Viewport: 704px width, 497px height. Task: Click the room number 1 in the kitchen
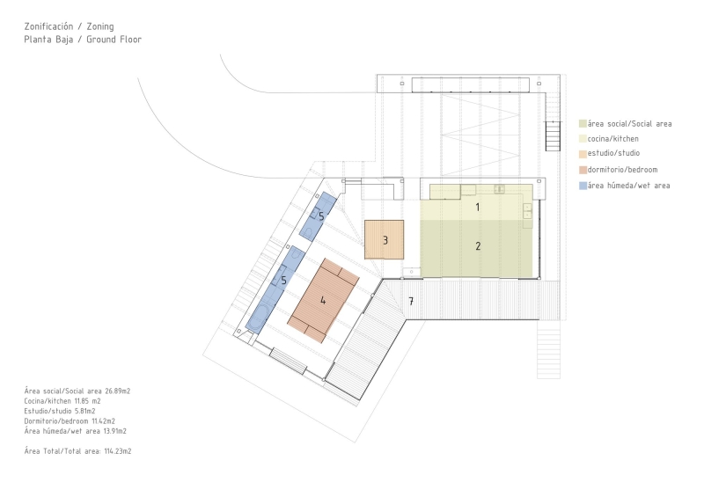(x=478, y=207)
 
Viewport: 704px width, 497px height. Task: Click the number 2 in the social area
(x=478, y=246)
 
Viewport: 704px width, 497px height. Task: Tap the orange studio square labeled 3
(x=384, y=240)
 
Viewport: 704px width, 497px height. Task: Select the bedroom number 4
(x=323, y=300)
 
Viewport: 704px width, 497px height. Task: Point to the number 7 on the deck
(x=411, y=301)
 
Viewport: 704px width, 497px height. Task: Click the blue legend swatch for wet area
(x=583, y=186)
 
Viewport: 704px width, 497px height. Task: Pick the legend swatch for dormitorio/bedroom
(x=583, y=170)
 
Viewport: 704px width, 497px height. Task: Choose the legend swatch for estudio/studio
(x=583, y=154)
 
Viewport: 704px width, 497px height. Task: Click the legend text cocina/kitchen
(x=612, y=139)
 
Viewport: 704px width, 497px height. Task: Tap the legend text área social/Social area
(x=629, y=123)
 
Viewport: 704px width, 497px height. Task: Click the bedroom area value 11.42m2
(x=103, y=421)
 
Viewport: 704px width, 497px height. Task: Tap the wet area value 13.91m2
(x=114, y=431)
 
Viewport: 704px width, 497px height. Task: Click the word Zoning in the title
(x=100, y=26)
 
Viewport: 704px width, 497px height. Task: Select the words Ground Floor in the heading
(x=114, y=40)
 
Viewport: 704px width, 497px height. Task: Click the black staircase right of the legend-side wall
(x=554, y=136)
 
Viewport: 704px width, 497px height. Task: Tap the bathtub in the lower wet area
(x=258, y=318)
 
